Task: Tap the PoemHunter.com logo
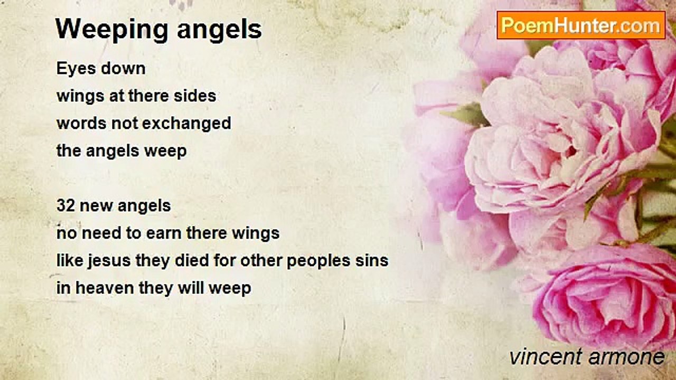click(581, 25)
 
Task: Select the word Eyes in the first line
click(73, 69)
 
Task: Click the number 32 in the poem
click(65, 206)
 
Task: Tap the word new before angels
click(97, 206)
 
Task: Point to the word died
click(202, 261)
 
